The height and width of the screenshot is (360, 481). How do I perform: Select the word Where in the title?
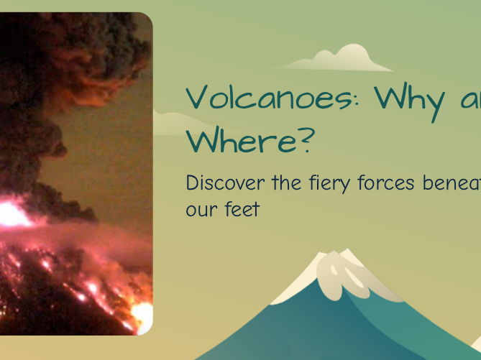click(x=241, y=142)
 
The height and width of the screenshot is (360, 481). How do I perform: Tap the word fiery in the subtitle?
click(x=326, y=183)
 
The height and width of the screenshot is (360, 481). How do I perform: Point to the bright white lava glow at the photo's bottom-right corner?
click(x=142, y=316)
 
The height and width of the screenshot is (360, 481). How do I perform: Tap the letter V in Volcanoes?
click(x=198, y=98)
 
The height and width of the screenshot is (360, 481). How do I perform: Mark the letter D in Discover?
click(x=192, y=183)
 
